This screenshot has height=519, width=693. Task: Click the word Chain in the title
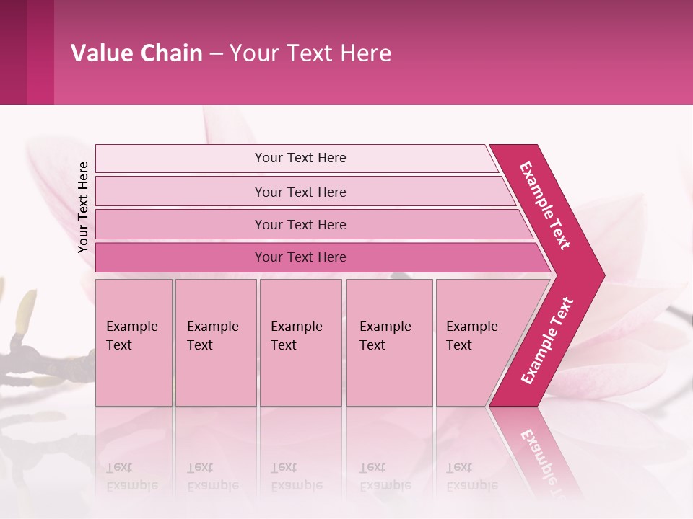171,53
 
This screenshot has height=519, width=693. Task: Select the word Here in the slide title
365,53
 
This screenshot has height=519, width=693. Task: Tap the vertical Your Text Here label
83,207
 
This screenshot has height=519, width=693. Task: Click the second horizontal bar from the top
300,192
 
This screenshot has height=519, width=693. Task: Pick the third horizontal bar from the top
300,224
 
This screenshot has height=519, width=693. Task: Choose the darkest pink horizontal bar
300,257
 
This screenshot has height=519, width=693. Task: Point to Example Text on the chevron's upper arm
545,205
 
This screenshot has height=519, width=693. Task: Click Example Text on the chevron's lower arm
547,340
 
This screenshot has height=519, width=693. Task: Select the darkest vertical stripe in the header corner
13,52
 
